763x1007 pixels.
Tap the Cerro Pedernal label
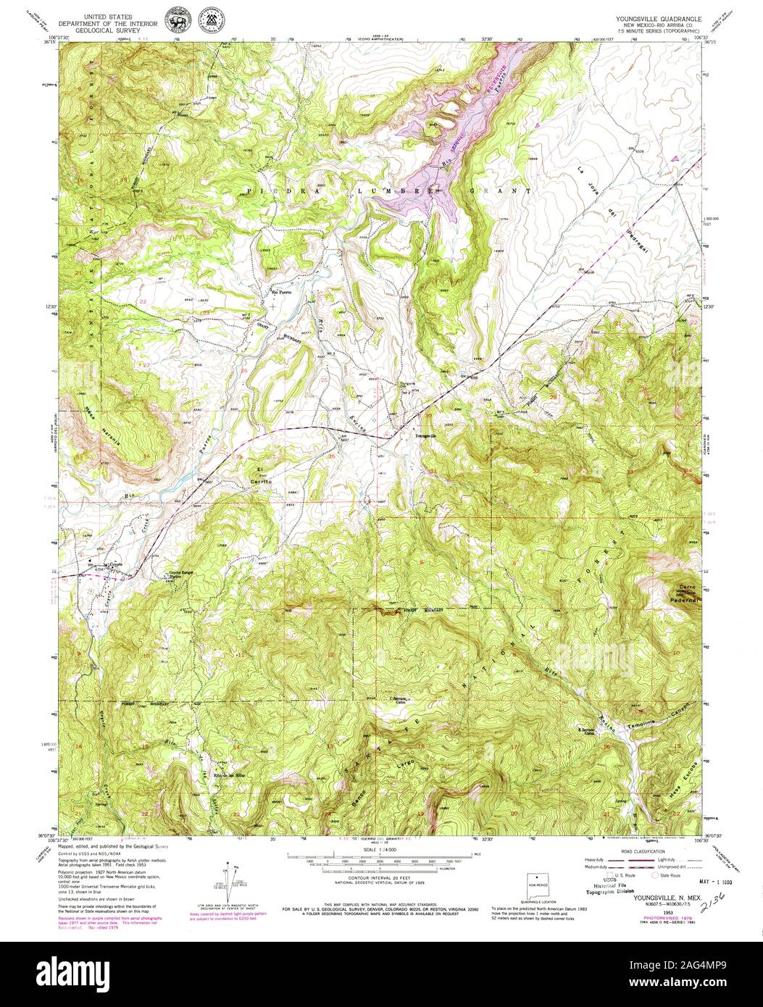click(686, 593)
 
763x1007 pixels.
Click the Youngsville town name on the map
click(425, 436)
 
